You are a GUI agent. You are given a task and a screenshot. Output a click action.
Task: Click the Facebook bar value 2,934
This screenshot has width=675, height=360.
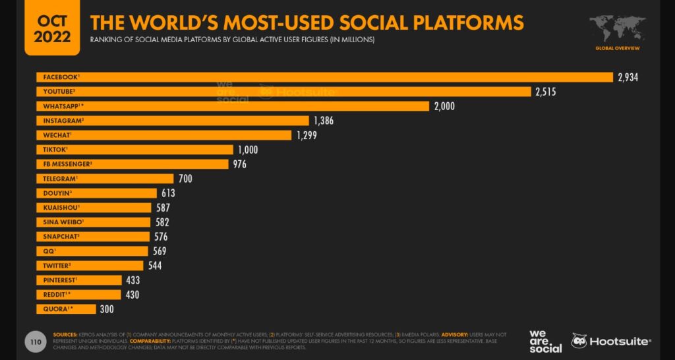click(x=628, y=78)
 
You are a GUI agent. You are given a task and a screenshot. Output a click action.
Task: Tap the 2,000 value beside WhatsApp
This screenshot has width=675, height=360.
click(x=444, y=106)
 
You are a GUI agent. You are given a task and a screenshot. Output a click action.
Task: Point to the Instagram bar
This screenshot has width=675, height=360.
click(x=172, y=121)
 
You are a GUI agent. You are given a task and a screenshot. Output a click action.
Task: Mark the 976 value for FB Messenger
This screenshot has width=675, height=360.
click(x=239, y=164)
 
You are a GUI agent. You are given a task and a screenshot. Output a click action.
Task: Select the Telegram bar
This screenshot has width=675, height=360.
click(x=105, y=178)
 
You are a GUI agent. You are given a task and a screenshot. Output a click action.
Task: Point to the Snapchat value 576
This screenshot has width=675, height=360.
click(x=161, y=236)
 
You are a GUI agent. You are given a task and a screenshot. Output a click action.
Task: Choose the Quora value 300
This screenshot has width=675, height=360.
click(x=107, y=309)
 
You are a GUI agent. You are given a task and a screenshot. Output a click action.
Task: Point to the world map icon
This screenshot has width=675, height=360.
click(x=617, y=29)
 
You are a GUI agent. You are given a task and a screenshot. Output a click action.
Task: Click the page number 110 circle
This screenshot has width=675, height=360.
click(x=34, y=342)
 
